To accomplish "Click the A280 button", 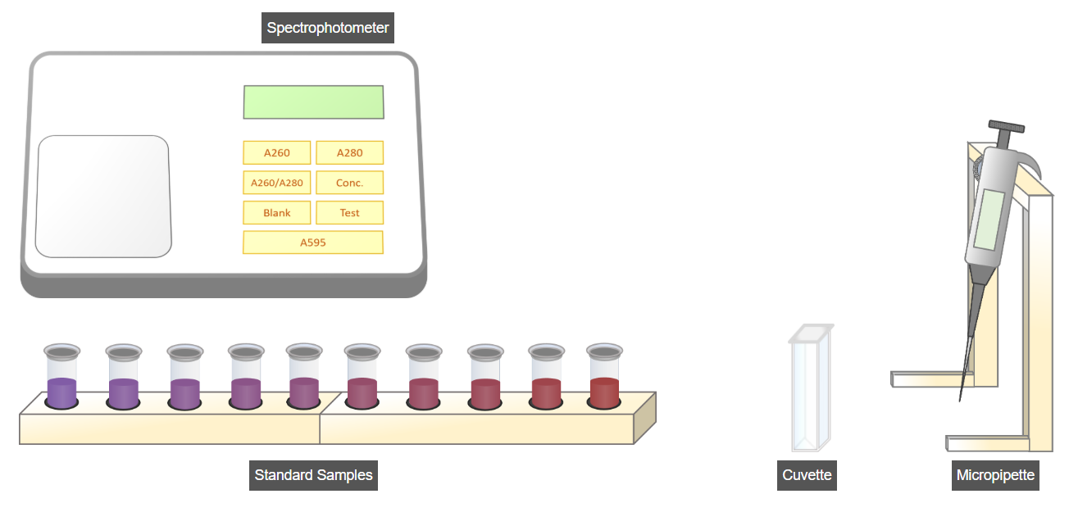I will pyautogui.click(x=349, y=153).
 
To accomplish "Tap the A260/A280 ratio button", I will pyautogui.click(x=277, y=183).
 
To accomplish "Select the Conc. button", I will pyautogui.click(x=349, y=183).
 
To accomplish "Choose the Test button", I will pyautogui.click(x=349, y=213).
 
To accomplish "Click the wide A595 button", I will pyautogui.click(x=312, y=242).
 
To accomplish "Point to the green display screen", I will pyautogui.click(x=313, y=102).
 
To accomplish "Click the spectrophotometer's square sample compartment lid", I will pyautogui.click(x=103, y=197).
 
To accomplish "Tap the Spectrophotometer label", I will pyautogui.click(x=328, y=29).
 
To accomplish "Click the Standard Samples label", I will pyautogui.click(x=313, y=475).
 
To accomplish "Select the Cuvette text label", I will pyautogui.click(x=807, y=475).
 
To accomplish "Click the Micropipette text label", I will pyautogui.click(x=995, y=475).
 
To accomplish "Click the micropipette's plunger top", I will pyautogui.click(x=1006, y=127).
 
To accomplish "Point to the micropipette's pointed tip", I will pyautogui.click(x=961, y=398).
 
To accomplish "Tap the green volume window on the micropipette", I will pyautogui.click(x=989, y=220).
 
